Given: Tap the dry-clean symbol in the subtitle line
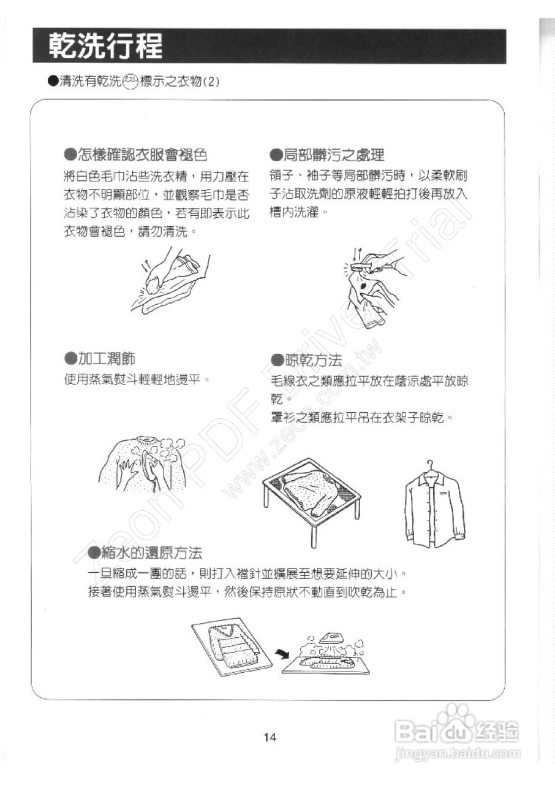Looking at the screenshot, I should point(130,81).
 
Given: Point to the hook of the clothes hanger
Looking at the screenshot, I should point(433,464).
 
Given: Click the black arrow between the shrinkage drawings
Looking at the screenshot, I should point(282,654).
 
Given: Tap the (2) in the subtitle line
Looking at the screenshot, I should point(210,82).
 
